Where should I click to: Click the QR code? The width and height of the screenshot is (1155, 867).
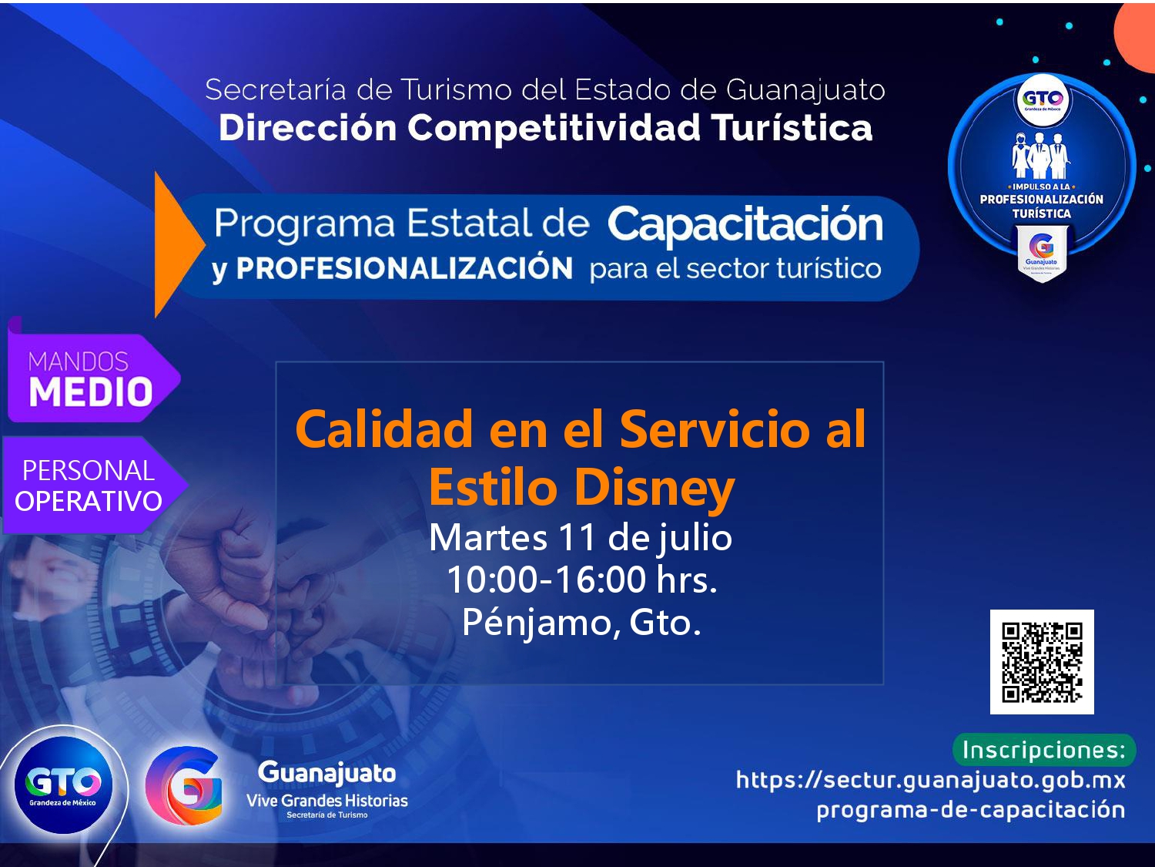click(x=1041, y=662)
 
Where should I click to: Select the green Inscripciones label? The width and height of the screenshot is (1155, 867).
click(x=1044, y=750)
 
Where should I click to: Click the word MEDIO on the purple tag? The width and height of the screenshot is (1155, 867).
click(x=91, y=391)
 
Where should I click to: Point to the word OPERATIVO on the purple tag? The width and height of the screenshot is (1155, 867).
click(x=89, y=501)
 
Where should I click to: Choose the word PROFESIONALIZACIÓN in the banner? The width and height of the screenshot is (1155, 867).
click(x=404, y=268)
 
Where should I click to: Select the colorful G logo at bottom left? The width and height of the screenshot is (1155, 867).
click(x=183, y=786)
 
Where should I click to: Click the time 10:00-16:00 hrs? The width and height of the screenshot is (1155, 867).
click(x=582, y=580)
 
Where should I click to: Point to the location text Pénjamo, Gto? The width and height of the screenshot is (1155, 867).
click(x=581, y=623)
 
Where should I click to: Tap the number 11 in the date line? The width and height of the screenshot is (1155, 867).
click(x=577, y=537)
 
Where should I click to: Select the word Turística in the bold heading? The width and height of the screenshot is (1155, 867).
click(x=792, y=128)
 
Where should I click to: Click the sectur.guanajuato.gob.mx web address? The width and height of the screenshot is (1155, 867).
click(x=930, y=780)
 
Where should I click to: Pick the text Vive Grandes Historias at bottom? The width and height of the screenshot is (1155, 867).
click(x=326, y=801)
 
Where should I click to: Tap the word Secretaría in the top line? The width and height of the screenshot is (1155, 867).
click(x=276, y=89)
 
